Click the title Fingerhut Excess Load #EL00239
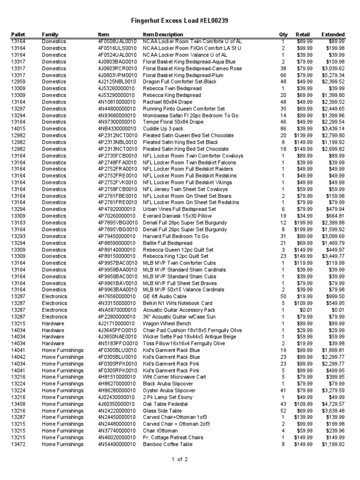click(180, 21)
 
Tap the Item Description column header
click(163, 35)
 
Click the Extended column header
click(333, 35)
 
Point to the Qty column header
click(283, 35)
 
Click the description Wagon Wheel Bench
click(167, 323)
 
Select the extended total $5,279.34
click(333, 75)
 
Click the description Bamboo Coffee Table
click(168, 444)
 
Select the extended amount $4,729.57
click(333, 404)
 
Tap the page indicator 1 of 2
click(180, 460)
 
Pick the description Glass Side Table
click(163, 411)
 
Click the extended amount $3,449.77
click(333, 256)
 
